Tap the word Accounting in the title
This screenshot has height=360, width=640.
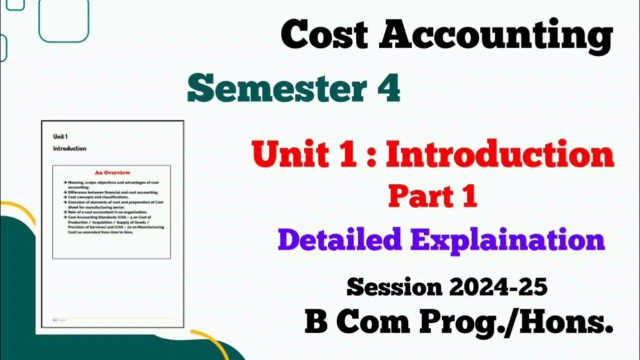pyautogui.click(x=495, y=36)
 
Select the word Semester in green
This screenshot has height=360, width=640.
pyautogui.click(x=269, y=89)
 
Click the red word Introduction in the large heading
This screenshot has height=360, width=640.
pyautogui.click(x=499, y=154)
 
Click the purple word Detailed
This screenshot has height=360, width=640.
pyautogui.click(x=340, y=239)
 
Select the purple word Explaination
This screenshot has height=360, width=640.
pyautogui.click(x=507, y=240)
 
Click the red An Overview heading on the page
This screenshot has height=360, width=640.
pyautogui.click(x=112, y=172)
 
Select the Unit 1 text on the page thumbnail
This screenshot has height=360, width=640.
pyautogui.click(x=60, y=136)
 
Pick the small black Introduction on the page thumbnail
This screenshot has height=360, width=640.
pyautogui.click(x=69, y=148)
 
